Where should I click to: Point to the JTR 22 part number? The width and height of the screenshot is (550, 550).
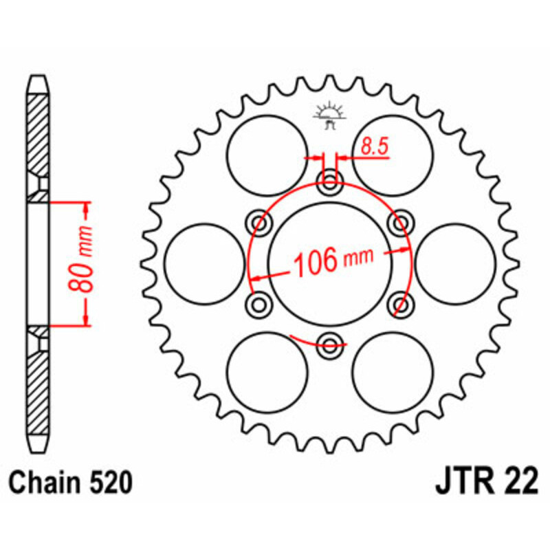pos(485,483)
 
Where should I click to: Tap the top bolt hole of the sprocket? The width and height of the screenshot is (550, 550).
pos(330,183)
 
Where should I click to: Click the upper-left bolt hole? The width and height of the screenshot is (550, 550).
pos(261,223)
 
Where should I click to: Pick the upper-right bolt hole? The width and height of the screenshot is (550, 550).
pos(399,223)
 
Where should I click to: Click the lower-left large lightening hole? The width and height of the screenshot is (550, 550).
pos(267,370)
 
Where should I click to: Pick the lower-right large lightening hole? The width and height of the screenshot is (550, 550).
pos(393,370)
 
